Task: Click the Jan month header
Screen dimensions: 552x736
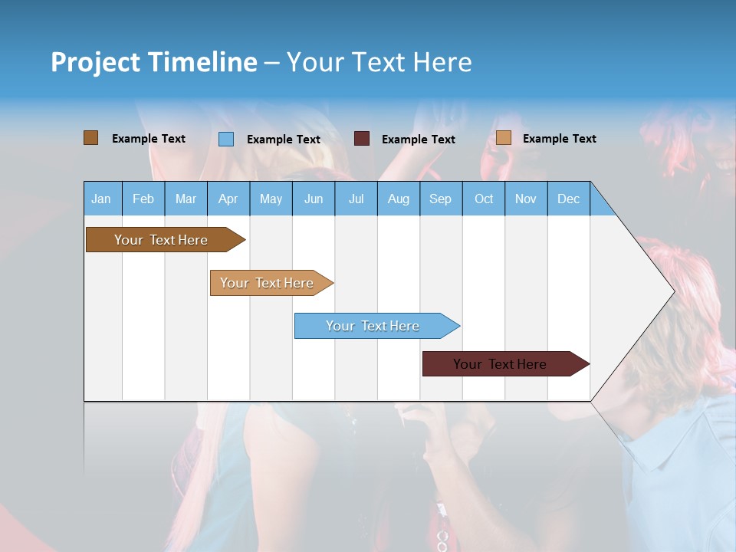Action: click(101, 199)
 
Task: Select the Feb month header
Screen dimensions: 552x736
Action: click(143, 199)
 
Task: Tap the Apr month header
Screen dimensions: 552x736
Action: click(228, 199)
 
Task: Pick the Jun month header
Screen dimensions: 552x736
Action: click(314, 199)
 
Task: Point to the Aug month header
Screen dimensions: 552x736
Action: click(398, 199)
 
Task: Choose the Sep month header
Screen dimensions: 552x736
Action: click(440, 199)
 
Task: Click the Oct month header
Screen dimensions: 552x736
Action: click(484, 199)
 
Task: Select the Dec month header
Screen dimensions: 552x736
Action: click(568, 199)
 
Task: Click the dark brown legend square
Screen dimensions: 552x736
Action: click(90, 138)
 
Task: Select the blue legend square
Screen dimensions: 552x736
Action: click(226, 139)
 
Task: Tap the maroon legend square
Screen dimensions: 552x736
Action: click(362, 139)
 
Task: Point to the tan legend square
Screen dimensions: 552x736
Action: click(503, 138)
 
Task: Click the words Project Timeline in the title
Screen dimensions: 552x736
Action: click(154, 62)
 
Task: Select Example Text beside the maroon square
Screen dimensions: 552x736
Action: click(418, 140)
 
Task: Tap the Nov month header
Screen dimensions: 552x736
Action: click(526, 199)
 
